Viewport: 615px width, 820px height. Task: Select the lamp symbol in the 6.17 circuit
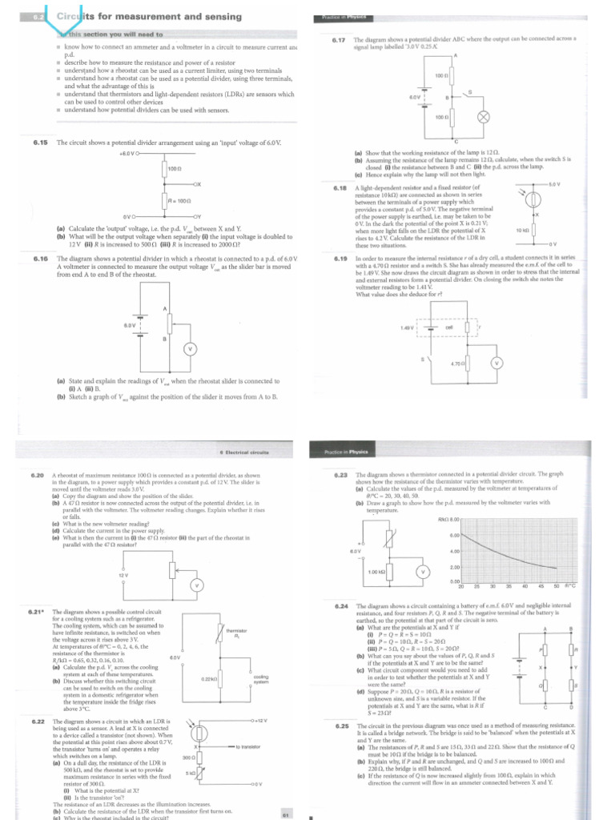483,116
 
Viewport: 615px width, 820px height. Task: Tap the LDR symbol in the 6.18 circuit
533,200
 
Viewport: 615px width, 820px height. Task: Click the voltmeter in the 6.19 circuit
495,363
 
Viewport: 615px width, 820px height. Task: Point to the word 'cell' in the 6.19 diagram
449,327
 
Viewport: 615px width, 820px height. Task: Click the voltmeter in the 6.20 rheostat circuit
193,587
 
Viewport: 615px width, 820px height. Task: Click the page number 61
285,814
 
